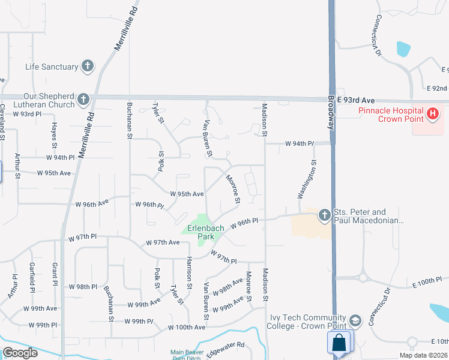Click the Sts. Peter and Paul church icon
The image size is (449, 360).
coord(325,215)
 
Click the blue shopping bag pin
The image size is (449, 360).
coord(339,344)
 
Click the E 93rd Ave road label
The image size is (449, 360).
coord(356,100)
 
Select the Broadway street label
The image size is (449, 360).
coord(331,113)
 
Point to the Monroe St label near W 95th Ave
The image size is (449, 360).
coord(233,188)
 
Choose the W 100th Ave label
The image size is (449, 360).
coord(187,328)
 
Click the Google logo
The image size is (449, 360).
coord(20,353)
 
